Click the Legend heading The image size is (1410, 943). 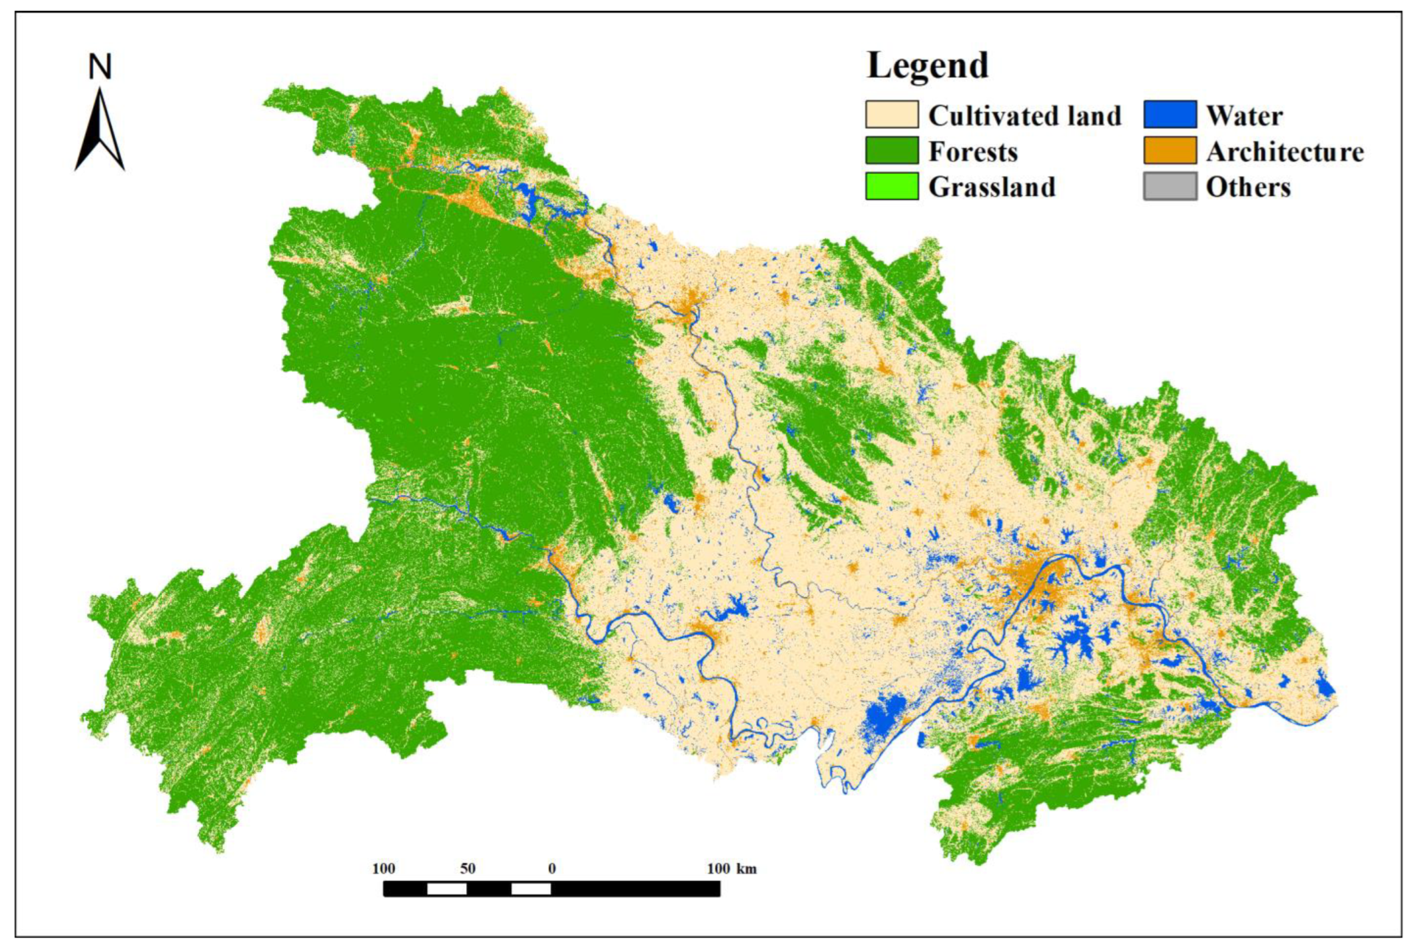(927, 65)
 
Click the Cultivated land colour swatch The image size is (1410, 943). (891, 115)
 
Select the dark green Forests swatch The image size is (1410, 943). (891, 151)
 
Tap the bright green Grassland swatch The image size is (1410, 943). (891, 186)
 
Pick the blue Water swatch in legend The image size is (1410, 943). (1170, 115)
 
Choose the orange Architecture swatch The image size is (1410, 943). (1170, 151)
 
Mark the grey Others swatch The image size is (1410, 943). (1170, 186)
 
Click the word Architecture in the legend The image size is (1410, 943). (1284, 152)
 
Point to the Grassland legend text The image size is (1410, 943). (992, 187)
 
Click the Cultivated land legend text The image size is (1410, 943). (1024, 116)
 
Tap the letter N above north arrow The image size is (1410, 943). (100, 67)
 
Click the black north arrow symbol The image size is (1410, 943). (100, 133)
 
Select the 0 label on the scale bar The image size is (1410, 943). (551, 869)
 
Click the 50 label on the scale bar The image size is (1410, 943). (468, 869)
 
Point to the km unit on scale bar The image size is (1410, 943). (747, 869)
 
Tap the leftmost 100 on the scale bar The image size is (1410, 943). (384, 869)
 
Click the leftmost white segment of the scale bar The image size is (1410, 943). (446, 889)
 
